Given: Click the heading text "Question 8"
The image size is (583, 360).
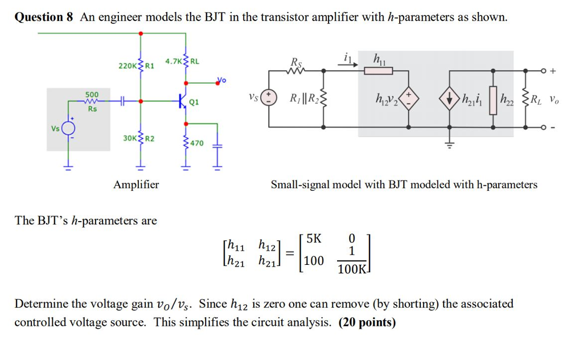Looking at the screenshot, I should [44, 17].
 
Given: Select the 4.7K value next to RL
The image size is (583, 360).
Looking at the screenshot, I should [173, 61].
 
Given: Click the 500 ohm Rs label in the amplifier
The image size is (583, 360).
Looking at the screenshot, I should [92, 95].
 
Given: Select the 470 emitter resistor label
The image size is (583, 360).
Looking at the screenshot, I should [196, 143].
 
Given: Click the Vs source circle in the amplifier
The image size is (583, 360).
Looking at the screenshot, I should [69, 128].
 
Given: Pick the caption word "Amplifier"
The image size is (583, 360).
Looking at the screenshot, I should [136, 185].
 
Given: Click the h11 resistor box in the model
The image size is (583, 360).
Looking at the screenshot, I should [379, 71].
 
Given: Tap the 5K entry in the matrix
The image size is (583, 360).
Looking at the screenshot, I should [314, 238].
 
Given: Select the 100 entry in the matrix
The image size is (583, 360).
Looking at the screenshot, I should [314, 261].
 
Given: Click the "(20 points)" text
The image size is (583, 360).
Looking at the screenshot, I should [367, 322].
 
